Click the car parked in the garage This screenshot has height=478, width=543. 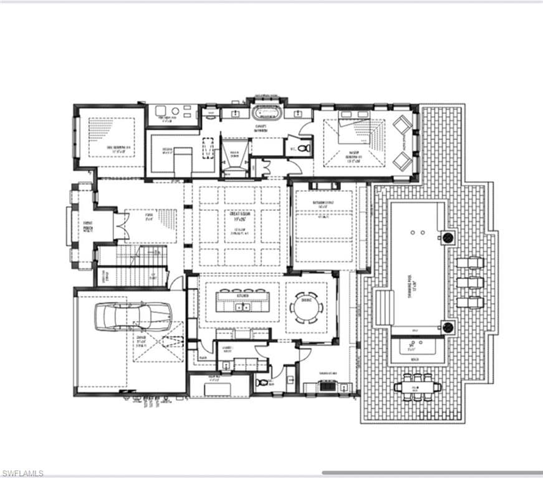coord(132,317)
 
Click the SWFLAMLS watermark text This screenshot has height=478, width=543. coord(22,473)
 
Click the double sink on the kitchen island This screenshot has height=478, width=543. coord(241,306)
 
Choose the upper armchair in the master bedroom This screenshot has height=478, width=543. coord(403,124)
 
